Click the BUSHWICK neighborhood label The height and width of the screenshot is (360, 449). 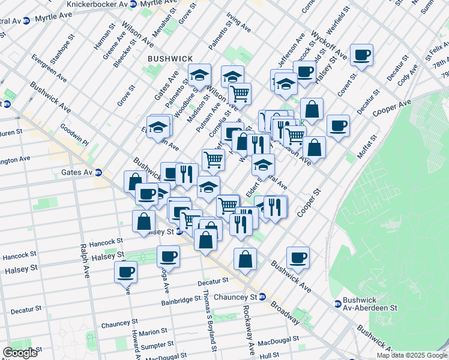coord(170,58)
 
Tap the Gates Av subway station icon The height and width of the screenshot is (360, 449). coord(98,172)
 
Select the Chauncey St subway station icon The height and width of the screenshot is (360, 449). coord(263,297)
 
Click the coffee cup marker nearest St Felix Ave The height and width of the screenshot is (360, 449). coord(362,56)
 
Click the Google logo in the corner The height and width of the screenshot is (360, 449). coord(20,353)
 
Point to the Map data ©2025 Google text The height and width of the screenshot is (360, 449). coord(412,355)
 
